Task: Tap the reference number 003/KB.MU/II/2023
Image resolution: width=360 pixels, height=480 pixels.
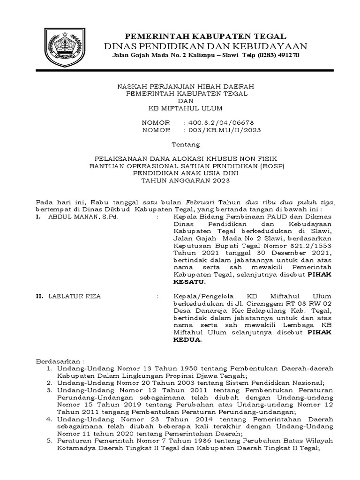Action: [224, 130]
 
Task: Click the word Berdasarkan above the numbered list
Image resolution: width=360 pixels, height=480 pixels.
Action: [58, 362]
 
